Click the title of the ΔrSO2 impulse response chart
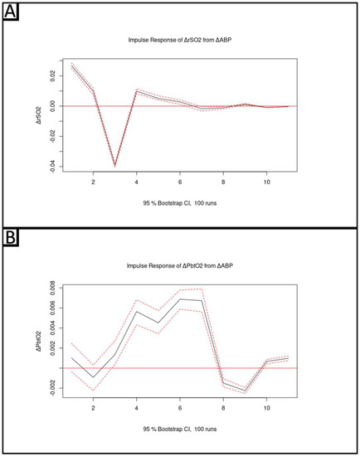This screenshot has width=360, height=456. pos(179,40)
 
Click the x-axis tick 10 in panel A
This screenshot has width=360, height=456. pos(266,182)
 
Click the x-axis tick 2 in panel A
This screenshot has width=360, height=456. pos(93,182)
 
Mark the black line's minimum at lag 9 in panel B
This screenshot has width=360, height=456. pos(245,390)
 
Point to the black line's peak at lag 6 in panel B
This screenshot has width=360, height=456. pos(180,299)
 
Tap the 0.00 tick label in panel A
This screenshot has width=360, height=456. pos(52,106)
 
